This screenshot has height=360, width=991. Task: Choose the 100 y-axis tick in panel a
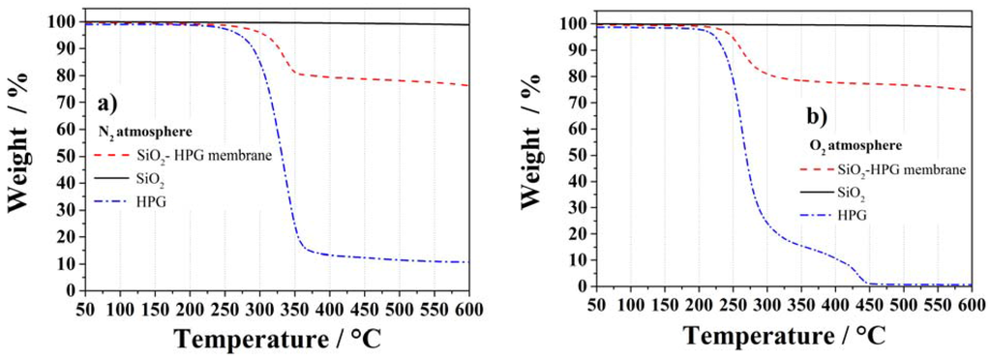tap(61, 21)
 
